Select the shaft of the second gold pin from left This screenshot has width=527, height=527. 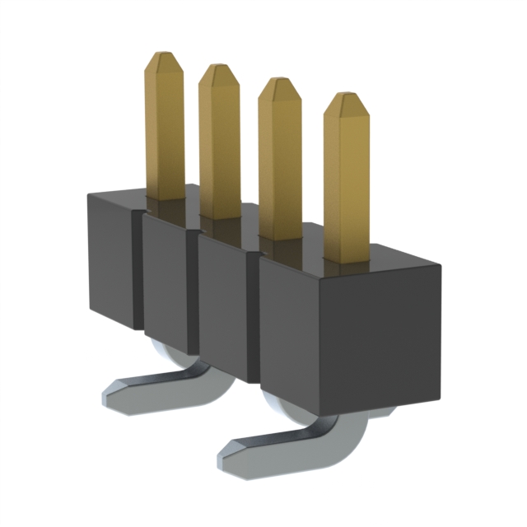(218, 148)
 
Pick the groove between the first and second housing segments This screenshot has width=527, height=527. (138, 272)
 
